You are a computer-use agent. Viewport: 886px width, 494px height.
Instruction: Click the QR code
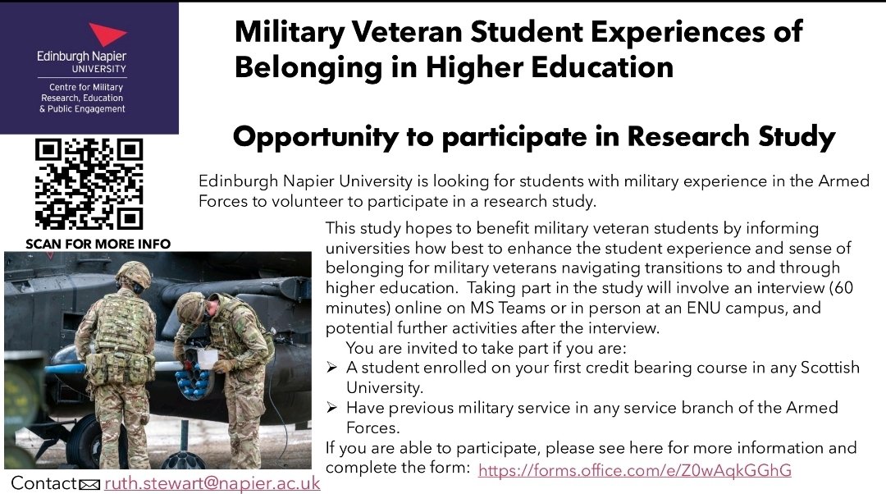88,183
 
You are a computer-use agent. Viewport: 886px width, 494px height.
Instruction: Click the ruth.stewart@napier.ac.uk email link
212,483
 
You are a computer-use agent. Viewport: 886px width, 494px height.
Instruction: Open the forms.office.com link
634,470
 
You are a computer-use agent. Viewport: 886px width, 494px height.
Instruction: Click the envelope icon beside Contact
90,485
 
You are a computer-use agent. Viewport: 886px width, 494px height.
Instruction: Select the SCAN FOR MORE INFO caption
98,244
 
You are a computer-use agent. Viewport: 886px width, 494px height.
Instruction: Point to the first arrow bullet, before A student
331,368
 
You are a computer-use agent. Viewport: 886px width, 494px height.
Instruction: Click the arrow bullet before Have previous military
331,408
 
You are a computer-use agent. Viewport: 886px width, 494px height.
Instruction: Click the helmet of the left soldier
133,275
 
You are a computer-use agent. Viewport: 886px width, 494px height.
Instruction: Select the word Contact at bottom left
43,483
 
